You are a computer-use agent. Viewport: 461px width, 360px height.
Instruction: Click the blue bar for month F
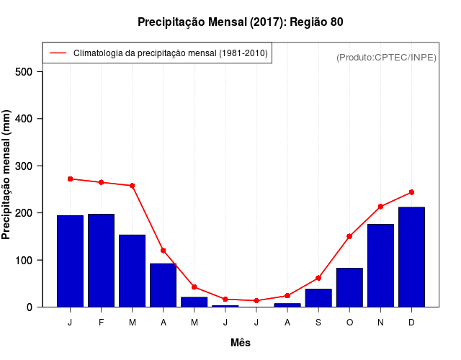101,261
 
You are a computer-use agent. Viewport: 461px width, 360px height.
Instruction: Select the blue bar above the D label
411,257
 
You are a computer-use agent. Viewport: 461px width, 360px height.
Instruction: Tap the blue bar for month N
380,266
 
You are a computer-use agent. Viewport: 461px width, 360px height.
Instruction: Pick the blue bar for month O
349,287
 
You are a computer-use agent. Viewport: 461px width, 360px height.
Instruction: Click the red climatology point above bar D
411,192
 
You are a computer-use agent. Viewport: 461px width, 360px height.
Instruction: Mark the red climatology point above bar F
101,182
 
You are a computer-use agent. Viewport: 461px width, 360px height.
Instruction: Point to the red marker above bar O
349,236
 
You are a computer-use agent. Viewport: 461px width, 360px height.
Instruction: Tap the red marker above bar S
318,278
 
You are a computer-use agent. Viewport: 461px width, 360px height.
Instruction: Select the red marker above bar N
380,207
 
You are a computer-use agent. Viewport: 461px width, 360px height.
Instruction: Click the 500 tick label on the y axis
24,72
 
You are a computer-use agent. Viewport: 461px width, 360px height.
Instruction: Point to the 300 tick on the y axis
24,166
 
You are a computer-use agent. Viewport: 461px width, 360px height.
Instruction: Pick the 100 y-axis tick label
24,260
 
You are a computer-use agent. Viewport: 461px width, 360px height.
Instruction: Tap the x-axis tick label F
101,323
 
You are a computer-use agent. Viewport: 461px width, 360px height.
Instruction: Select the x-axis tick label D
411,323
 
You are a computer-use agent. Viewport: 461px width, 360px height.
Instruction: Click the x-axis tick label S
318,323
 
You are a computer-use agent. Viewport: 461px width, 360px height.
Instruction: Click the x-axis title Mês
241,343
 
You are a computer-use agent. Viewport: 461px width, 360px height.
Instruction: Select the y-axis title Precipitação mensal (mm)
6,175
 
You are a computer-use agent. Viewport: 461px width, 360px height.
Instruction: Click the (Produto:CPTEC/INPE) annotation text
386,57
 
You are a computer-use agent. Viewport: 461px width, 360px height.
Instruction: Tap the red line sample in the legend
58,53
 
